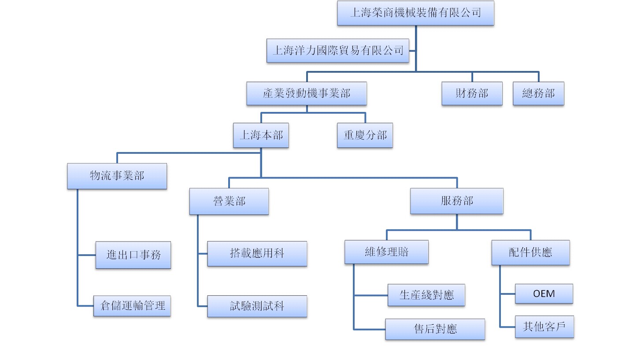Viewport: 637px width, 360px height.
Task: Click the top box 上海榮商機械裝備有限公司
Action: pos(415,13)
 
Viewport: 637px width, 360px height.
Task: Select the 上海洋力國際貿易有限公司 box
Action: pos(338,50)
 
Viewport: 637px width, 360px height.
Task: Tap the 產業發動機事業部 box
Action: pos(307,93)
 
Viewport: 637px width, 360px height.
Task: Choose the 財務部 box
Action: pos(472,93)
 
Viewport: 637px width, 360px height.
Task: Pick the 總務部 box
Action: pos(538,93)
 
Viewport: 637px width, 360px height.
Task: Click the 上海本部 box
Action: pos(261,135)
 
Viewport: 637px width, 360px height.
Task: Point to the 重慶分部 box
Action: pos(365,135)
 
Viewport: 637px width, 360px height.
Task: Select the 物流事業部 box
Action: pos(117,176)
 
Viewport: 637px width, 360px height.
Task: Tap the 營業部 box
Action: pos(229,201)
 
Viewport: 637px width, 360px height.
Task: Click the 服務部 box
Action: pos(456,201)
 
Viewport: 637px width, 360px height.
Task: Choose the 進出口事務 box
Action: pos(133,255)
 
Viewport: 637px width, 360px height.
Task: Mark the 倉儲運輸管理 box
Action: pos(132,305)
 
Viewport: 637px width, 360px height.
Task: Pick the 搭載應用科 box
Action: pos(257,253)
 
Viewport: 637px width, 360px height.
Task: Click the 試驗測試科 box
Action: pos(257,306)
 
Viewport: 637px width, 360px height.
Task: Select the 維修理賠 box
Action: pos(386,252)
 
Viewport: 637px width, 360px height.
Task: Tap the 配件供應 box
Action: pos(530,252)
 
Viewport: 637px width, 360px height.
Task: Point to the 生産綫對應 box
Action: pos(426,295)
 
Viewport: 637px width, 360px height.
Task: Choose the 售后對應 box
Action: pos(435,329)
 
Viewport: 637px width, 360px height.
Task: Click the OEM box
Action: pos(544,293)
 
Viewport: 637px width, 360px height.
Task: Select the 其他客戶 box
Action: pos(544,327)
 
